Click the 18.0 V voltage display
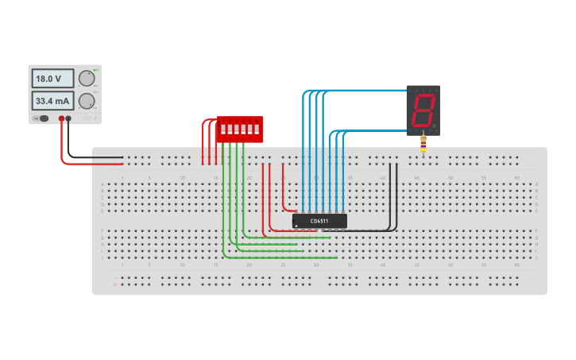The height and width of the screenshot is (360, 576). (52, 79)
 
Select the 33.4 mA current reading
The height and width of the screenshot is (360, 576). (52, 101)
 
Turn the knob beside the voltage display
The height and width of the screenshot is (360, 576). (87, 78)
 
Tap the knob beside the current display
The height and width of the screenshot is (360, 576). (87, 101)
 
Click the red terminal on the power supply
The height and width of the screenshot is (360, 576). (61, 118)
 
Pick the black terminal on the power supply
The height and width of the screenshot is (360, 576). (68, 118)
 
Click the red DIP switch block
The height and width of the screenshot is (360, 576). (240, 130)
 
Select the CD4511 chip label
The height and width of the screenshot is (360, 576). (319, 220)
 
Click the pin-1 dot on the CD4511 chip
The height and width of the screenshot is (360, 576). (296, 226)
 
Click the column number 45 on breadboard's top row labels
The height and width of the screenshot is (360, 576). (416, 177)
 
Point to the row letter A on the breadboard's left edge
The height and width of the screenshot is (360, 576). (102, 184)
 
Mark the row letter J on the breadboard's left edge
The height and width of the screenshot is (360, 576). (102, 257)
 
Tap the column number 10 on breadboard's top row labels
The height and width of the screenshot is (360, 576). (183, 177)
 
